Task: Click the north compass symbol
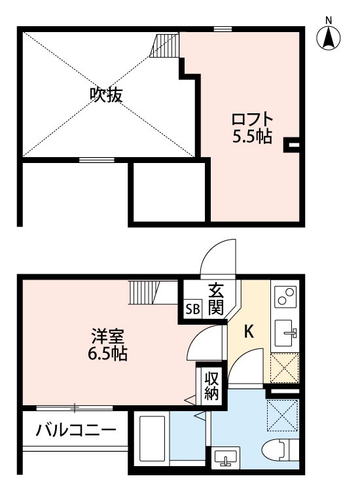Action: point(329,38)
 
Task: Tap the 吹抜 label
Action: point(106,94)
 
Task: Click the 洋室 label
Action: point(106,338)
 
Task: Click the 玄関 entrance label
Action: point(217,299)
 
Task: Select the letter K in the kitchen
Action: point(249,332)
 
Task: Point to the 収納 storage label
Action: point(211,386)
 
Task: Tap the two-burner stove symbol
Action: point(285,299)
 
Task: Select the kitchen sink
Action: point(285,333)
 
